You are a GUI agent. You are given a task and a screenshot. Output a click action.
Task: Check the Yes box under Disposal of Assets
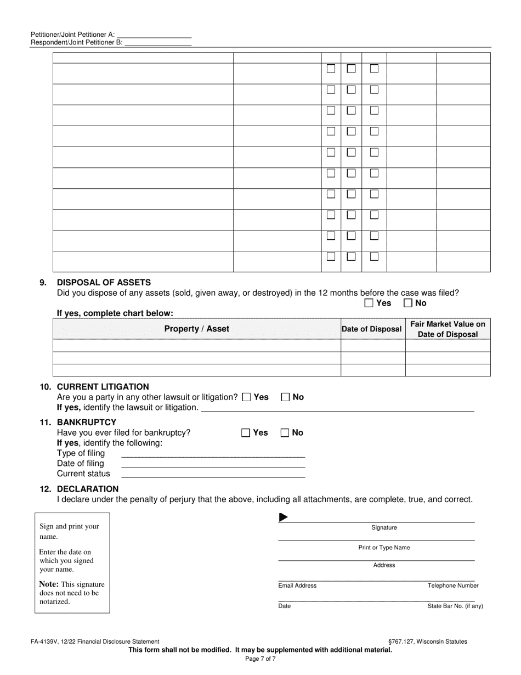click(369, 303)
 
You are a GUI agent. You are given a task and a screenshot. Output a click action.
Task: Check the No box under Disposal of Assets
click(408, 303)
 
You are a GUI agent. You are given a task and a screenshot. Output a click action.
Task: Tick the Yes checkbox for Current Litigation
click(246, 397)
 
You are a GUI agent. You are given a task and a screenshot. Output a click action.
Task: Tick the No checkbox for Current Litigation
click(285, 397)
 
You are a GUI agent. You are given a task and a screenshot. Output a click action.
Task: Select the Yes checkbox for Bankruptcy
click(246, 432)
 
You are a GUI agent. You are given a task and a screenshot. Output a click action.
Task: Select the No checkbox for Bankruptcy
click(285, 432)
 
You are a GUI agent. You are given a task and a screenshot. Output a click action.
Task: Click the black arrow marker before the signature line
click(284, 517)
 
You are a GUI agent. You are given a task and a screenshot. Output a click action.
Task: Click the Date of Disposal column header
click(372, 329)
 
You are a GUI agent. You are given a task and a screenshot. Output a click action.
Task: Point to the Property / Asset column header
click(197, 329)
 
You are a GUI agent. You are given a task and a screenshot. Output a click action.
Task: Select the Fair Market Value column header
click(448, 329)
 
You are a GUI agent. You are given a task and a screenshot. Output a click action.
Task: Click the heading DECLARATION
click(88, 488)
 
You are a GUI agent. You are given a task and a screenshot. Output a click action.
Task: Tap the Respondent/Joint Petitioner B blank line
click(158, 42)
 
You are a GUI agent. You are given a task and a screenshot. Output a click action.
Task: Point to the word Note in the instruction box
click(49, 584)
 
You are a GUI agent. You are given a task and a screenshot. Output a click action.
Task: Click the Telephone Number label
click(453, 586)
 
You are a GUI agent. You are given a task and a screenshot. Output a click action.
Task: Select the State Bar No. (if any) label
click(455, 606)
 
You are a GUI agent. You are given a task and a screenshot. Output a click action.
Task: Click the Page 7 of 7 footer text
click(260, 659)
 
